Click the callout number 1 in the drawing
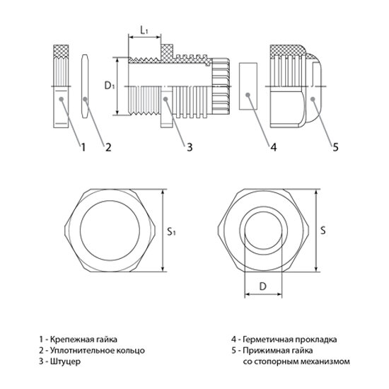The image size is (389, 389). [83, 147]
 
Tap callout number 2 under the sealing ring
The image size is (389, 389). [108, 147]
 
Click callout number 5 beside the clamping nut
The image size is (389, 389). [335, 147]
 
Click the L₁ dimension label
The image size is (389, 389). [144, 31]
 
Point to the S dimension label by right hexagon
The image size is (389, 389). [323, 230]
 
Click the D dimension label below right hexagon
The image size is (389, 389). [262, 287]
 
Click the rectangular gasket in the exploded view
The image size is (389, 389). [247, 87]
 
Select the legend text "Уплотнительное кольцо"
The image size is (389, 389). [98, 350]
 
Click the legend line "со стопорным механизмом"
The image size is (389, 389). [301, 362]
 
